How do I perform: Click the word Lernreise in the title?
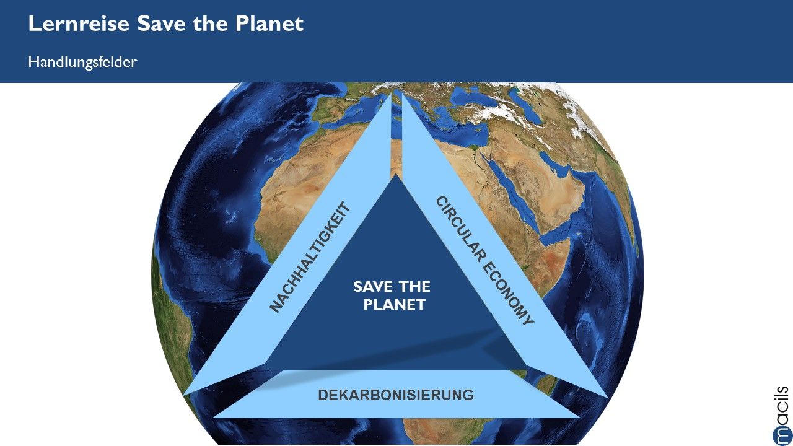(x=79, y=24)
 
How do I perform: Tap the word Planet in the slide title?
(x=269, y=24)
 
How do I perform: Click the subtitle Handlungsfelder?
(x=82, y=62)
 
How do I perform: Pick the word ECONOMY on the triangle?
(x=508, y=294)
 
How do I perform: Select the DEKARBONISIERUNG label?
(x=396, y=395)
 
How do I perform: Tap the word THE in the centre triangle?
(x=414, y=287)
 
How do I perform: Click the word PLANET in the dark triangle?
(x=395, y=305)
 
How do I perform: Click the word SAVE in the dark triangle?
(x=373, y=287)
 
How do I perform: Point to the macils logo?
(x=782, y=416)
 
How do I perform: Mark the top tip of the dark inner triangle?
(x=396, y=174)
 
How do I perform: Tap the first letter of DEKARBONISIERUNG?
(x=323, y=395)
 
